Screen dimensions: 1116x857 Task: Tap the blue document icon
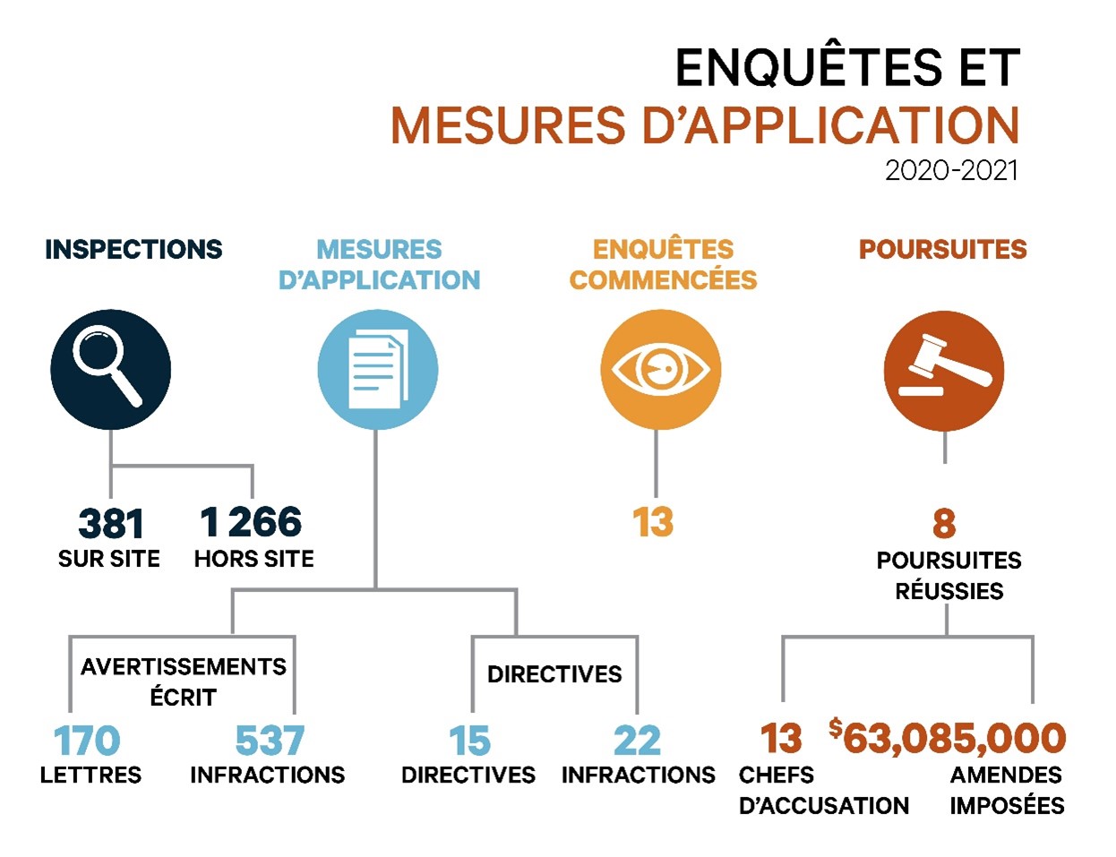click(377, 369)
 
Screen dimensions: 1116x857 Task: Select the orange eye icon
click(660, 369)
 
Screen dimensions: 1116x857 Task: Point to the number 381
click(111, 523)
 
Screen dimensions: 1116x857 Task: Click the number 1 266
click(251, 521)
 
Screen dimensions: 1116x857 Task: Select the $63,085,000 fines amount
click(948, 738)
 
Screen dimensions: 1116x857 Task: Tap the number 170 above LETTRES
click(87, 741)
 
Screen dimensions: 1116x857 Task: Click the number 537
click(270, 741)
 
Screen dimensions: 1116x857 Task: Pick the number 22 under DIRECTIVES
click(637, 741)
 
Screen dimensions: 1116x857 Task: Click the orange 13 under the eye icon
click(652, 522)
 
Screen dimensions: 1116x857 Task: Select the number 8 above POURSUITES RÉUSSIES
click(944, 523)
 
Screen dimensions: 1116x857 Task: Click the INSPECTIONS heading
click(134, 250)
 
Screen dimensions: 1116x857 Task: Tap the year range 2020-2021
click(951, 170)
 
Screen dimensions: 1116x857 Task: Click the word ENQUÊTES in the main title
click(810, 67)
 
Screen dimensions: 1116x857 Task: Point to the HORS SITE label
click(254, 559)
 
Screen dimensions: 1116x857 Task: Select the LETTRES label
click(90, 775)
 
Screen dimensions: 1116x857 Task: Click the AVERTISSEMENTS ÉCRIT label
click(184, 681)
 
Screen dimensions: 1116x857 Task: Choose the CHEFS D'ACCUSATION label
click(824, 790)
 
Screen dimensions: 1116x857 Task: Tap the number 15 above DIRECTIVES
click(469, 741)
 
